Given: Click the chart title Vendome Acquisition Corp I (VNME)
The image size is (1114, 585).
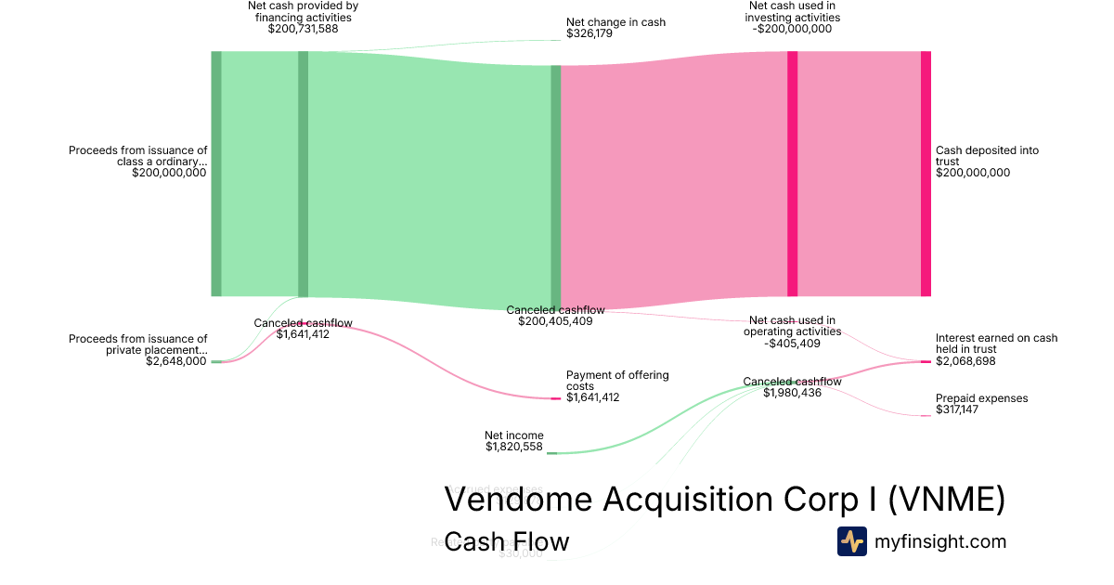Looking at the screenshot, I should coord(724,500).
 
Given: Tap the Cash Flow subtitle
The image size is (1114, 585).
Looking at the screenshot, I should coord(506,541).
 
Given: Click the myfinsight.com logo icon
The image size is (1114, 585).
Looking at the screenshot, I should coord(851,541).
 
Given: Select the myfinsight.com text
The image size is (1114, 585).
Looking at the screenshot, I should coord(939,541).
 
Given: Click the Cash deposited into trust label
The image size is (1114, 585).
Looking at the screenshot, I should coord(987,156).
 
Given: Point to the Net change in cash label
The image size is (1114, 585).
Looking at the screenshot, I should coord(615,22).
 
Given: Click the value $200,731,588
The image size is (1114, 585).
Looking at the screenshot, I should coord(303,29).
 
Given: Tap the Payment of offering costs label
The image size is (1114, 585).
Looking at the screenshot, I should coord(617,380).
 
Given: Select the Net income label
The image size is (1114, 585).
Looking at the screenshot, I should coord(514,435).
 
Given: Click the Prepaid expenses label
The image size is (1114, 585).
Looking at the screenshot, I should coord(981,398).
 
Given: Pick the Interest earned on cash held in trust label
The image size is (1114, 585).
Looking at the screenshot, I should coord(996,344).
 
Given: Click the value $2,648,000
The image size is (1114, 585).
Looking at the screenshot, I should coord(176,361).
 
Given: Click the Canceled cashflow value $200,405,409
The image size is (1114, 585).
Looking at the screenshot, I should coord(555,321).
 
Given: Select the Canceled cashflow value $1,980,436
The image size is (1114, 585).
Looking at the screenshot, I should coord(792,393).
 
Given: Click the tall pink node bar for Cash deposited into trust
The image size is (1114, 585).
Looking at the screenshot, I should coord(926,174).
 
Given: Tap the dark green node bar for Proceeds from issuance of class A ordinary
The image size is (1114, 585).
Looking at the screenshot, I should coord(216,174).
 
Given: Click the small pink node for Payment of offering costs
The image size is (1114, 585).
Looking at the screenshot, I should coord(556,398).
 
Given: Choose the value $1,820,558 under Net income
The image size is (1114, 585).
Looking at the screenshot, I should coord(514,447).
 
